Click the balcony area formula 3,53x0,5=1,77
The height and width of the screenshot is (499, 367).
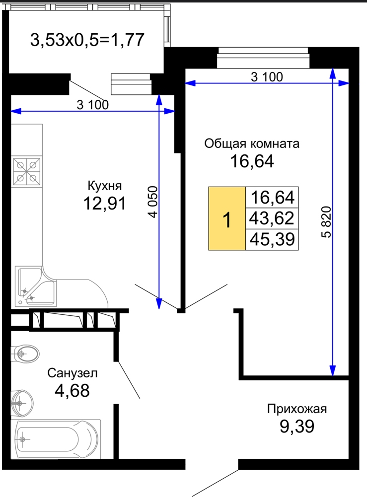[87, 40]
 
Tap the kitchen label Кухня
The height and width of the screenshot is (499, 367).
[105, 186]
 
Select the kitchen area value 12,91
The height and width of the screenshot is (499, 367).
[105, 203]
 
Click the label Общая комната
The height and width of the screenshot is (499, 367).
[252, 143]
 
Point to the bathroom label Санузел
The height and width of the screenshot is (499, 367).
[73, 373]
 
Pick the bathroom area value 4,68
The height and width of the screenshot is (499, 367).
[72, 390]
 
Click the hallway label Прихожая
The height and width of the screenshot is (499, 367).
[297, 409]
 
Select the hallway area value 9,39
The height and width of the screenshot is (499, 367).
[297, 426]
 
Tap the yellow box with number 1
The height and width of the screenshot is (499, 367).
[227, 218]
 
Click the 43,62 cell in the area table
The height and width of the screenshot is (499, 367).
[272, 218]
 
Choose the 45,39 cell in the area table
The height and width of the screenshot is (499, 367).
[272, 239]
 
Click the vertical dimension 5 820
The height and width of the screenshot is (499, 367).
[327, 222]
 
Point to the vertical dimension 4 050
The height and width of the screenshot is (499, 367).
[153, 202]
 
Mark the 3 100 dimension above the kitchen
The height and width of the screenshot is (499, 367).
[93, 105]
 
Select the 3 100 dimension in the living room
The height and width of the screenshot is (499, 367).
[267, 77]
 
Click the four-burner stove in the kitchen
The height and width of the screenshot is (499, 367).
[27, 172]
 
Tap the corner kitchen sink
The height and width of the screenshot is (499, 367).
[36, 286]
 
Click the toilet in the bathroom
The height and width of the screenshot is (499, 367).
[25, 354]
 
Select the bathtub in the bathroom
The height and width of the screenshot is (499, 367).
[56, 439]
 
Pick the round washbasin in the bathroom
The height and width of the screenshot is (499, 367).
[22, 403]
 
